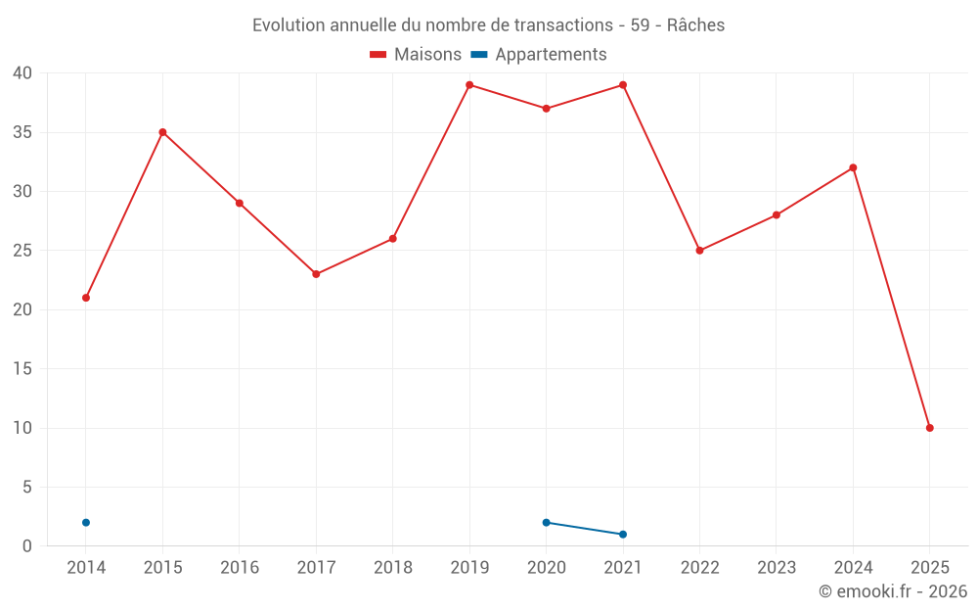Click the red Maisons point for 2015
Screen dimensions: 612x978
point(162,132)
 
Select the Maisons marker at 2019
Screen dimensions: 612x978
point(469,85)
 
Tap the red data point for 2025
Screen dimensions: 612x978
point(929,428)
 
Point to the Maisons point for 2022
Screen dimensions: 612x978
point(699,251)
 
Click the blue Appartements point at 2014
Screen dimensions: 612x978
point(86,523)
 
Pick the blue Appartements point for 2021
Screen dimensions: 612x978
point(623,535)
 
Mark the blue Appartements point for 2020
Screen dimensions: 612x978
point(546,523)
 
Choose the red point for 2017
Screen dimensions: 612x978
point(316,274)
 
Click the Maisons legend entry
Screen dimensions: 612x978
point(416,55)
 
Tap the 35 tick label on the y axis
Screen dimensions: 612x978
point(22,132)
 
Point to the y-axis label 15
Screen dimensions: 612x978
point(22,369)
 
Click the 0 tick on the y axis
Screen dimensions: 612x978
point(27,546)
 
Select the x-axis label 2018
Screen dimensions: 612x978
point(392,568)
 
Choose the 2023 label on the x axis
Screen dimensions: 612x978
point(777,568)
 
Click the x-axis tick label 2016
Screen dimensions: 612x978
point(240,568)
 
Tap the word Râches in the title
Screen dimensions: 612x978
point(695,25)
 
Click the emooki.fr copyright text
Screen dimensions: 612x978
point(892,591)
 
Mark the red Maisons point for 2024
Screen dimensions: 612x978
point(853,167)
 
